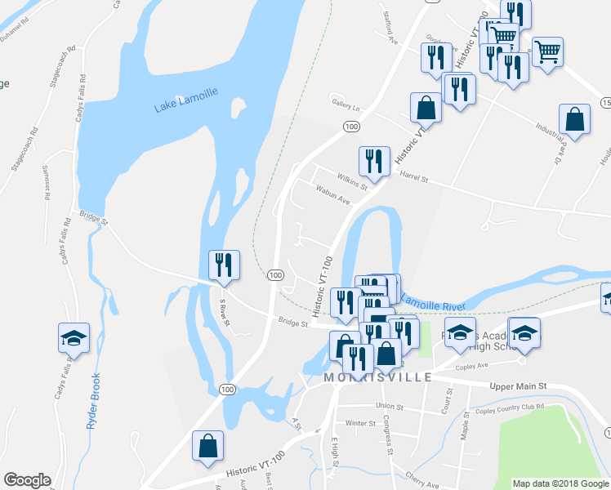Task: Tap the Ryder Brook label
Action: point(94,401)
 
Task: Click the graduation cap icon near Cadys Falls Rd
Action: point(74,338)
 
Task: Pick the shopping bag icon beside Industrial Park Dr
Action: point(575,119)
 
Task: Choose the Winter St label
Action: point(359,423)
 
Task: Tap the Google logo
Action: point(27,480)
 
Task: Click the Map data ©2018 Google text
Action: point(560,483)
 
